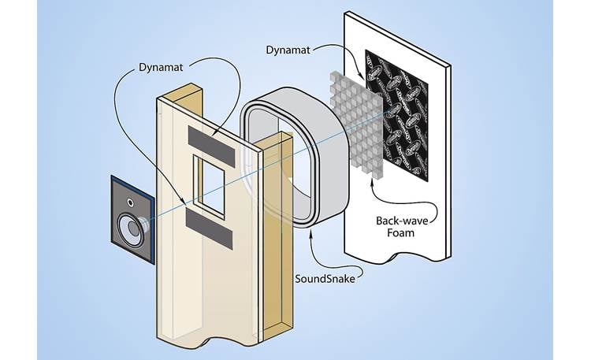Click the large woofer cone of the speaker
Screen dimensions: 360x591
coord(131,232)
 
